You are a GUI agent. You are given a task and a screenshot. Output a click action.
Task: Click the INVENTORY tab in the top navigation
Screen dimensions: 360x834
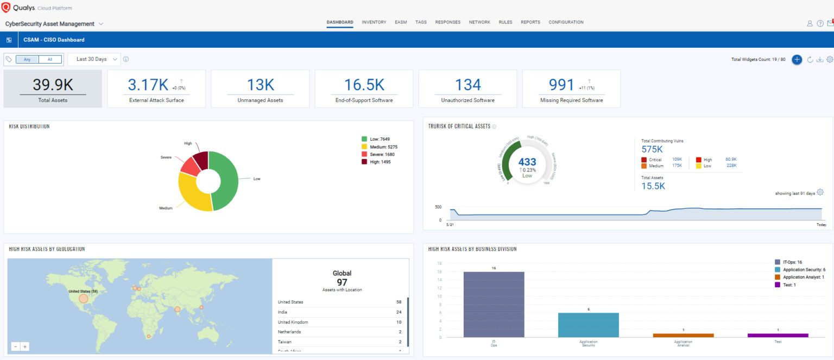(374, 22)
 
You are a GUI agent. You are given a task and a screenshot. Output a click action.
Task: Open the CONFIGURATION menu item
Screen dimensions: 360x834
(566, 22)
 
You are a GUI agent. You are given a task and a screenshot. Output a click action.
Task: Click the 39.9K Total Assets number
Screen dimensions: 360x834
(53, 85)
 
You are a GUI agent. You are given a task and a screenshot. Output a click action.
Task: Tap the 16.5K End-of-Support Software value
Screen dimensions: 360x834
(364, 85)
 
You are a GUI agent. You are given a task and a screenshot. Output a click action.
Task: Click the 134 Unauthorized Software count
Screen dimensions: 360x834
(467, 85)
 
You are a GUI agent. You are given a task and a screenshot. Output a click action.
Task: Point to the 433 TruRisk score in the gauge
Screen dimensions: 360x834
(527, 162)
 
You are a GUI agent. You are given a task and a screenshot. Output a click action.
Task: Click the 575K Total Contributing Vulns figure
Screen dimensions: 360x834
(653, 149)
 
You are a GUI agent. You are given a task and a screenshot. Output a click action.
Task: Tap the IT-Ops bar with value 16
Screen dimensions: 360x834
(494, 304)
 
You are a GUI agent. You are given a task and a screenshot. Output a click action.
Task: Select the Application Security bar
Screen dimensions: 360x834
(588, 325)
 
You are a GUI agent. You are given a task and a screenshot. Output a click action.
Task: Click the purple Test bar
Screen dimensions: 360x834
(778, 335)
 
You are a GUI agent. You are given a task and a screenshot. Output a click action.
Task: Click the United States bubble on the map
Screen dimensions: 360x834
(83, 299)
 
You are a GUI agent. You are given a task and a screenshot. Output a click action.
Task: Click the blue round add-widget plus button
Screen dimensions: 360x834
(797, 60)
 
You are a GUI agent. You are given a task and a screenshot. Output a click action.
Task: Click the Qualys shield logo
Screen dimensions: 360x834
(7, 8)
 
